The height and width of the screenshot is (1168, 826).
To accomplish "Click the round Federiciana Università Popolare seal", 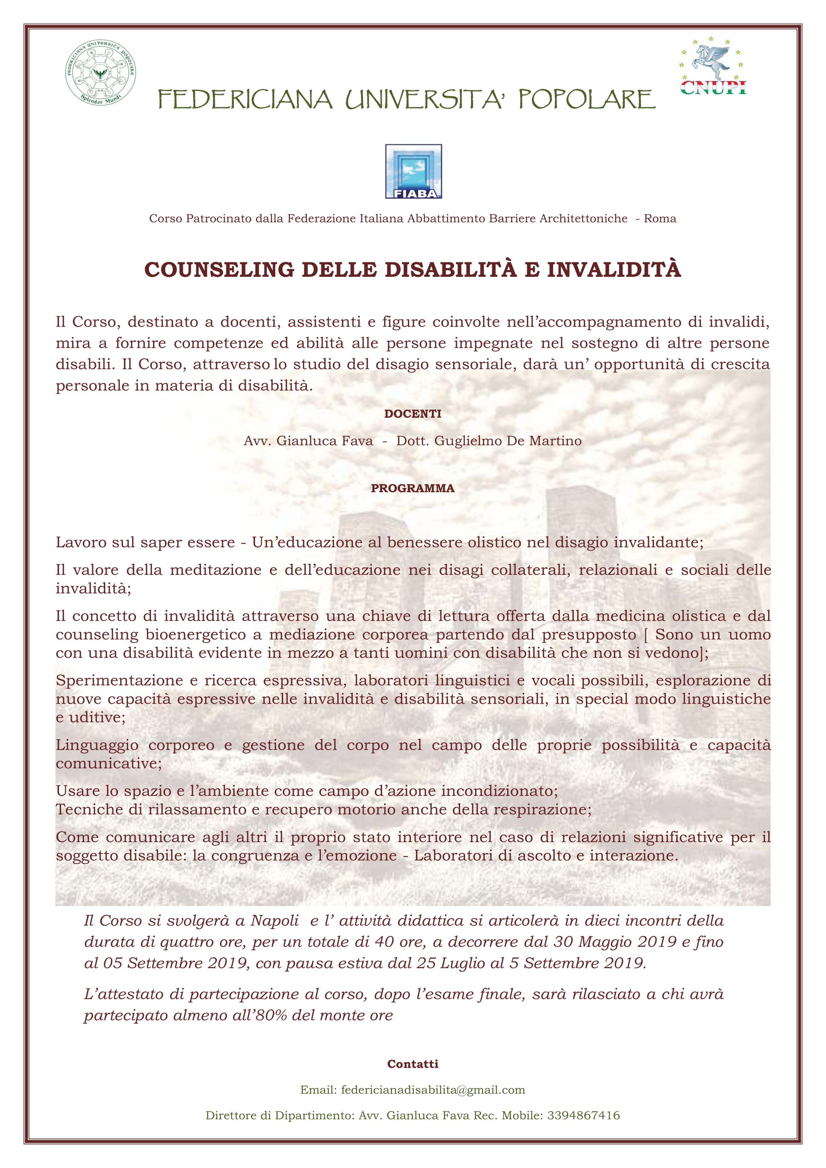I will [x=100, y=72].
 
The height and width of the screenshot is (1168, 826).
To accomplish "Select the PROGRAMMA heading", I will [x=413, y=488].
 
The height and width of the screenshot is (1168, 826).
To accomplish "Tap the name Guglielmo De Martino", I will [x=489, y=441].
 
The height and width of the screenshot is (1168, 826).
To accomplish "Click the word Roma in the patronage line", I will [x=660, y=219].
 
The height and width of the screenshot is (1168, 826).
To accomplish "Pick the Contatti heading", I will [x=413, y=1064].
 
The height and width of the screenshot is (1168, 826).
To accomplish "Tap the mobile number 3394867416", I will [x=583, y=1116].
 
